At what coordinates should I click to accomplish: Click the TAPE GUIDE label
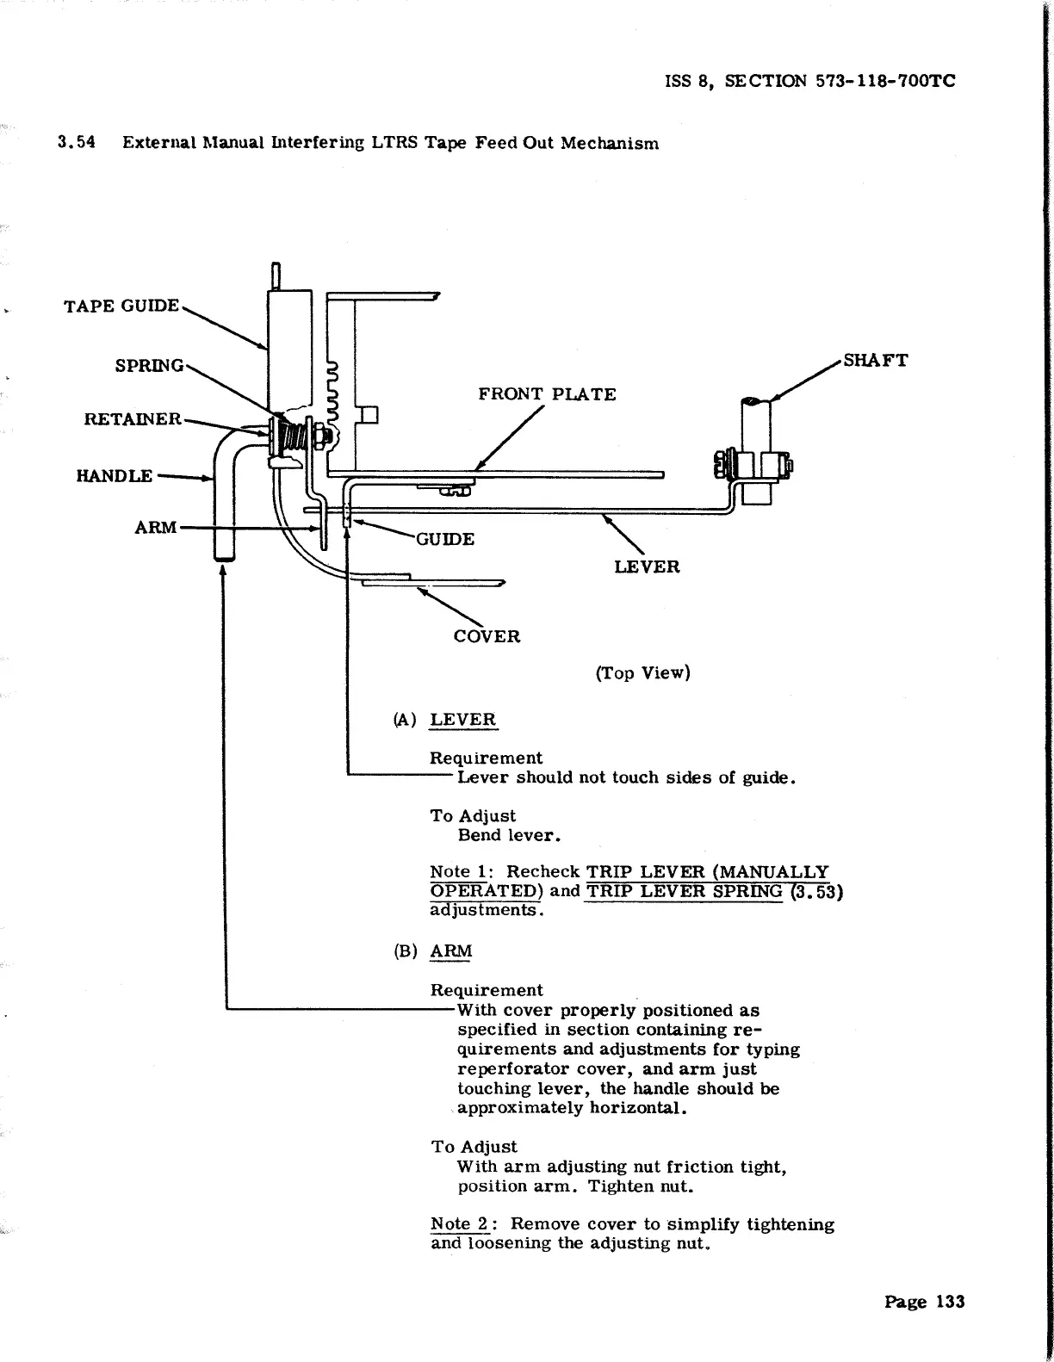point(121,306)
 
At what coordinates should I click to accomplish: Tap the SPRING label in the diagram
point(150,365)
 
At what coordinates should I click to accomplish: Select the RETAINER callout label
point(133,419)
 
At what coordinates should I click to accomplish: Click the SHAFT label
point(875,360)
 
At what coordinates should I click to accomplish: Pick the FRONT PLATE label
point(547,394)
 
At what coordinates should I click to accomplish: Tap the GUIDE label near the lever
point(444,539)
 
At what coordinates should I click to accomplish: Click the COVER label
point(487,636)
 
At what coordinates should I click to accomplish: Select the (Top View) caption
point(642,672)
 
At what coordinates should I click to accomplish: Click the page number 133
point(950,1302)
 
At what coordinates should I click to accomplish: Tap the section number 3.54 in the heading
point(75,143)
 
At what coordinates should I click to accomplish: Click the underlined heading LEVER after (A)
point(463,720)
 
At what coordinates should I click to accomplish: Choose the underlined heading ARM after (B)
point(451,951)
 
